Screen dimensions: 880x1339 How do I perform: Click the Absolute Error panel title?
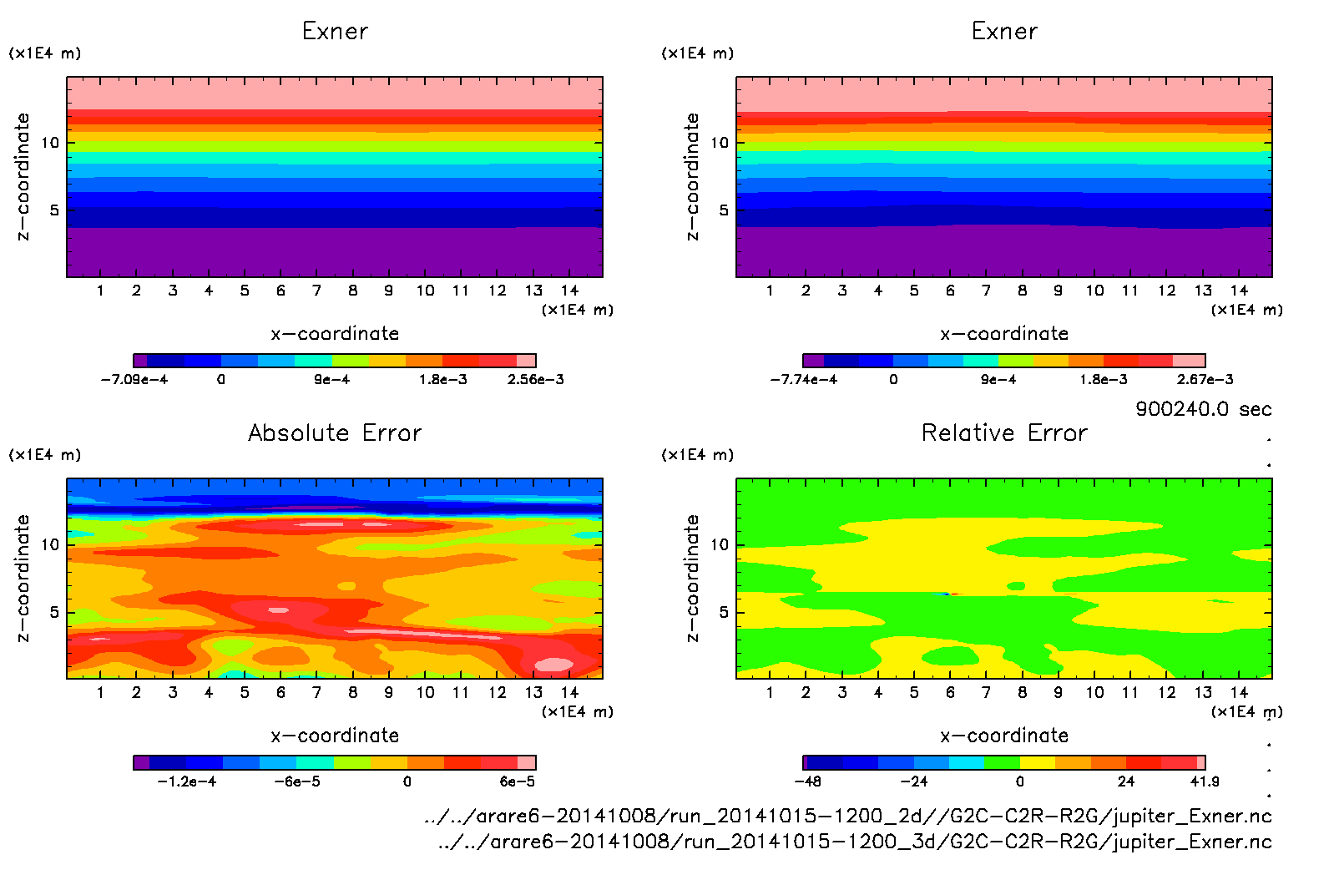tap(335, 432)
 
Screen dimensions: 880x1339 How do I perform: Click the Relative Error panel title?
tap(1004, 432)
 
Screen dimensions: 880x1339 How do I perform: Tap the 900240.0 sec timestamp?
tap(1203, 409)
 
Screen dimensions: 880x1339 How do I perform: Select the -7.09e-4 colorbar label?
tap(134, 379)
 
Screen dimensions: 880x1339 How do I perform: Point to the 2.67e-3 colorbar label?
tap(1205, 379)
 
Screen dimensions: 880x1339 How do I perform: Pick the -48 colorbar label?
tap(806, 781)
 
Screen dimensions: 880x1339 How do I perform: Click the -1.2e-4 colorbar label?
tap(187, 781)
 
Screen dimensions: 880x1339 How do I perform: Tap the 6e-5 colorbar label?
tap(518, 781)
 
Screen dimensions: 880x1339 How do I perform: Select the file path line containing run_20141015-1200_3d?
tap(855, 842)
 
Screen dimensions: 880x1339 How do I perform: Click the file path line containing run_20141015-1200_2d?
tap(848, 816)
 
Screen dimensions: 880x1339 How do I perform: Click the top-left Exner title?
tap(335, 32)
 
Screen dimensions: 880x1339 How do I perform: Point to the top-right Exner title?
tap(1004, 32)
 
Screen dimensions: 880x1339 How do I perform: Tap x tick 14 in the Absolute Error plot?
tap(569, 692)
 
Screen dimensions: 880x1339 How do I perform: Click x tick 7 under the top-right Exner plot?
tap(986, 291)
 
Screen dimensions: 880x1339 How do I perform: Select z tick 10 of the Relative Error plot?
tap(719, 544)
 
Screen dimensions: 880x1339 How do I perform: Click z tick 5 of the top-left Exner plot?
tap(54, 210)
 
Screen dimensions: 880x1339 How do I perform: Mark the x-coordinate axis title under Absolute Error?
tap(335, 736)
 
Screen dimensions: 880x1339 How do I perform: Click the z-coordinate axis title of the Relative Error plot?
tap(692, 578)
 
